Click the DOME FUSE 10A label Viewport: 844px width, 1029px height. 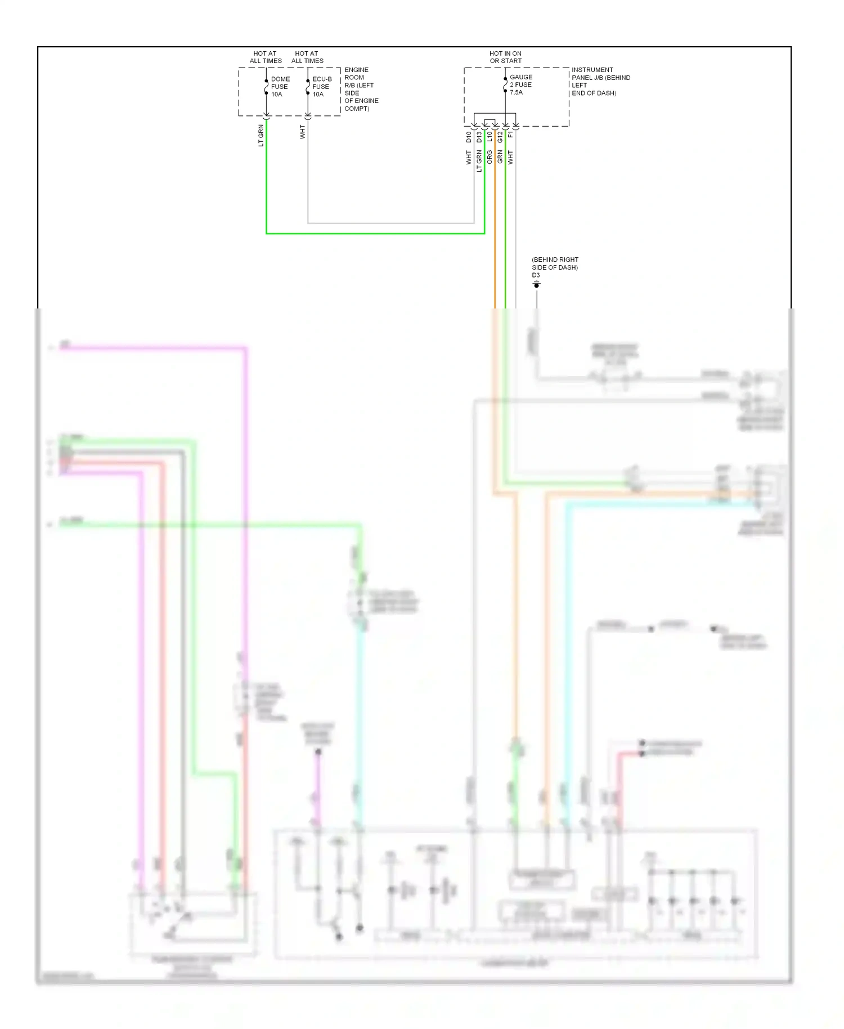(x=280, y=87)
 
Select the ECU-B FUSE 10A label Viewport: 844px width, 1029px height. (x=321, y=87)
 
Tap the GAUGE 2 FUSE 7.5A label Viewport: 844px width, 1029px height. (x=520, y=84)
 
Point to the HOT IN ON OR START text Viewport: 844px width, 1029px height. (x=505, y=57)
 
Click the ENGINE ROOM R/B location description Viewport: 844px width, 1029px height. (x=361, y=89)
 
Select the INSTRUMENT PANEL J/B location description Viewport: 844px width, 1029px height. (x=600, y=82)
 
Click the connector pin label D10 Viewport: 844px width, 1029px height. (x=469, y=137)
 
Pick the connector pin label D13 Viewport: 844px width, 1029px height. (x=479, y=137)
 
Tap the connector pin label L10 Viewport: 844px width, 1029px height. (x=490, y=137)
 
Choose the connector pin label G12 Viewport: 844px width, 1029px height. (x=500, y=137)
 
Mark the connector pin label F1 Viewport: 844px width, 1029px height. (x=510, y=135)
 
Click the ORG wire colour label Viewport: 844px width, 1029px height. (x=490, y=157)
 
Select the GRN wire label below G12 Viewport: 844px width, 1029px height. (x=500, y=157)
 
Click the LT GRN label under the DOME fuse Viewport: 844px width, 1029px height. (x=261, y=136)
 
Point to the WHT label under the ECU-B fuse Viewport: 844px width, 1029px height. (x=302, y=132)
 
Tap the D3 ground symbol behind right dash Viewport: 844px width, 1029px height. (x=536, y=284)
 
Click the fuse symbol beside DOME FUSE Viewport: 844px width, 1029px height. (x=266, y=87)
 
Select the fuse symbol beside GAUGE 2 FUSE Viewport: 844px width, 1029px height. (x=505, y=84)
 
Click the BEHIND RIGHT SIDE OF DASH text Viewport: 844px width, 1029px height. (x=555, y=263)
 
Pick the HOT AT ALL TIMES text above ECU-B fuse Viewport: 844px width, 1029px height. (x=307, y=57)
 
